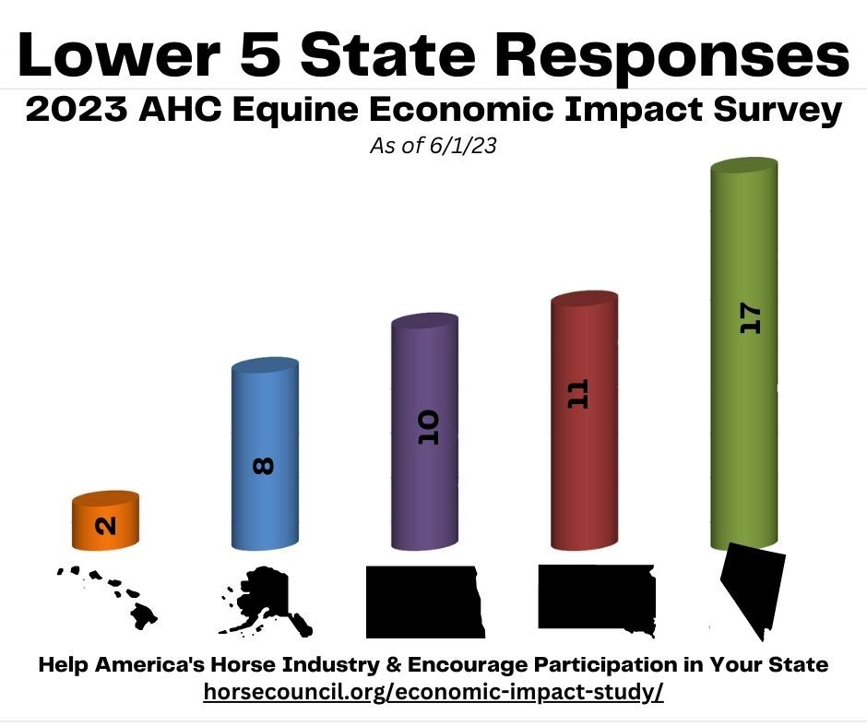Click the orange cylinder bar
pyautogui.click(x=106, y=520)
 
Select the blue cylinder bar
pyautogui.click(x=265, y=454)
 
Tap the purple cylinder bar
pyautogui.click(x=424, y=432)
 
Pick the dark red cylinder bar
pyautogui.click(x=585, y=421)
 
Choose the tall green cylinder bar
pyautogui.click(x=744, y=354)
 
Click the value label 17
pyautogui.click(x=751, y=317)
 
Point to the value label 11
pyautogui.click(x=578, y=394)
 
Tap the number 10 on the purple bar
pyautogui.click(x=429, y=427)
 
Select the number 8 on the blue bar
pyautogui.click(x=263, y=466)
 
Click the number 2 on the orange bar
pyautogui.click(x=106, y=526)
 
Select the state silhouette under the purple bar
pyautogui.click(x=424, y=602)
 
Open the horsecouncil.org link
pyautogui.click(x=433, y=692)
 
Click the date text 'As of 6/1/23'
pyautogui.click(x=433, y=146)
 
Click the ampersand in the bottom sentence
pyautogui.click(x=393, y=664)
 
